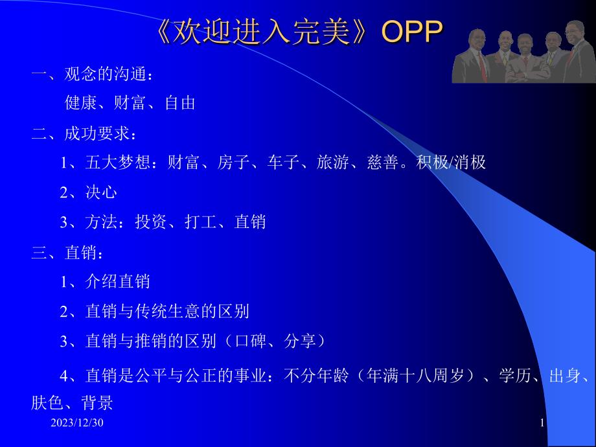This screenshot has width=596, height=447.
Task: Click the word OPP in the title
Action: click(x=412, y=31)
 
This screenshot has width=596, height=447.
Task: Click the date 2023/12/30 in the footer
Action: click(x=77, y=422)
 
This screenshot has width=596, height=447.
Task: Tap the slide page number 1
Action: click(x=542, y=422)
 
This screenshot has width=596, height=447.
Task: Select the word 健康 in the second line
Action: click(x=80, y=103)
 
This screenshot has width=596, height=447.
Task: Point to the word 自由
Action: click(x=180, y=103)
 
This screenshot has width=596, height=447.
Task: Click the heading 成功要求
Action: click(x=97, y=133)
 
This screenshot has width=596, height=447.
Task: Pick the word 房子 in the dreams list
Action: click(x=233, y=163)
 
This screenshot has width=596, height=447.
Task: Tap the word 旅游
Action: click(x=332, y=163)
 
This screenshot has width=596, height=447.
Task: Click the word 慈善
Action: click(x=383, y=163)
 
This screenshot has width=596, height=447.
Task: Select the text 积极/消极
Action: click(x=451, y=163)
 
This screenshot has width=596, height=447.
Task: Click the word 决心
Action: click(x=101, y=192)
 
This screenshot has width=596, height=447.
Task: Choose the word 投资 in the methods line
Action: click(x=150, y=222)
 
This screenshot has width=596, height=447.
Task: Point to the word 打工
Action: click(x=200, y=222)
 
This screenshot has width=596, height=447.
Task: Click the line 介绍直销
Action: click(x=117, y=282)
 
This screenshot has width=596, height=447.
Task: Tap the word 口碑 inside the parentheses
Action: click(x=251, y=341)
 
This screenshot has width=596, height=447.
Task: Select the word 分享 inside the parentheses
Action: click(x=300, y=341)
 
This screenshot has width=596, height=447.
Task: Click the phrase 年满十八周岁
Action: click(x=415, y=376)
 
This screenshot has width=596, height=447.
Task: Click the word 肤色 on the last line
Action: click(x=47, y=402)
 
